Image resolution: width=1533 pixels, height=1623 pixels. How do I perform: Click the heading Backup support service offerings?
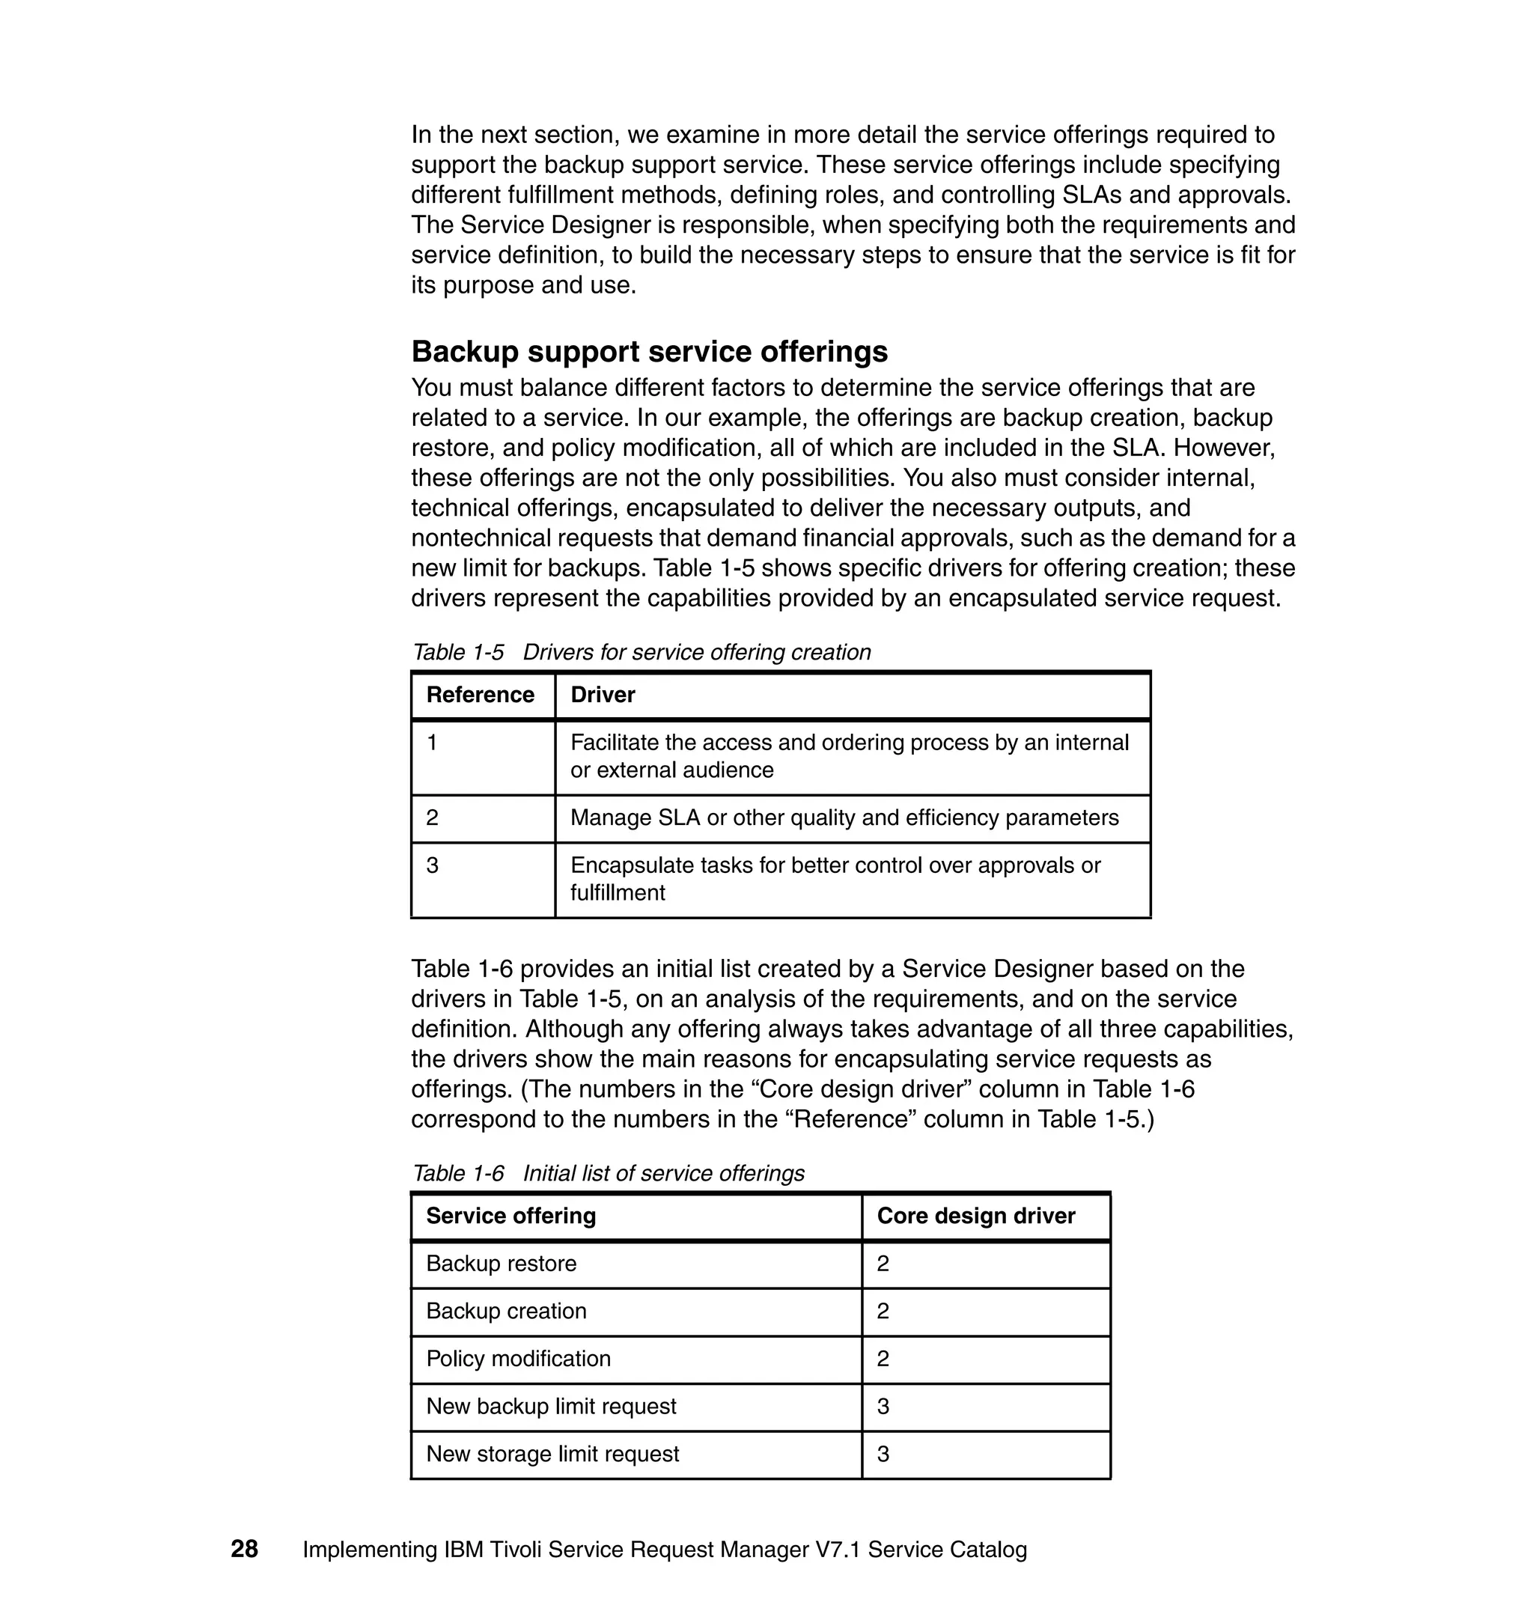click(649, 351)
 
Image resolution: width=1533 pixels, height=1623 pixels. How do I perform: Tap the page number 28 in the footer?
click(244, 1549)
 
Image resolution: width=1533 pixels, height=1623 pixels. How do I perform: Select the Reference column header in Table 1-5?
click(481, 695)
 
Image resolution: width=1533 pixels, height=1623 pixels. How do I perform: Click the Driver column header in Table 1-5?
click(603, 695)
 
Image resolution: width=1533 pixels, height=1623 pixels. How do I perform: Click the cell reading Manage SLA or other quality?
click(844, 817)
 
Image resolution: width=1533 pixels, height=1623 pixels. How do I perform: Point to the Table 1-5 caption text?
click(641, 652)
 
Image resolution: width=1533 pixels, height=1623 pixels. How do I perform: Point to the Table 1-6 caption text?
click(608, 1173)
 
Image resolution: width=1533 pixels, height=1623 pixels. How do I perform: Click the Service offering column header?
click(511, 1215)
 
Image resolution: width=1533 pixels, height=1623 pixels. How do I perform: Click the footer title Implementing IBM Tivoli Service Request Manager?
click(665, 1550)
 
